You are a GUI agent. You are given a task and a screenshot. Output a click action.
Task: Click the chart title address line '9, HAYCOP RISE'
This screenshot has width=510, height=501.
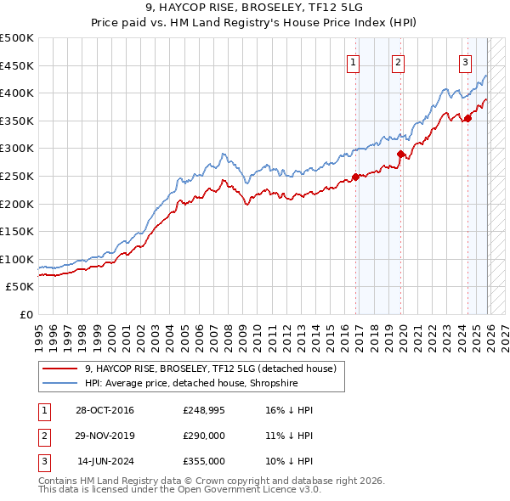click(x=254, y=8)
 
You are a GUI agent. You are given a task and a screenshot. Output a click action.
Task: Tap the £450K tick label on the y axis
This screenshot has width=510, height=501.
click(x=17, y=65)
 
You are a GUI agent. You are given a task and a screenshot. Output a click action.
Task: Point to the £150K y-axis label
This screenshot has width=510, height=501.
click(x=17, y=231)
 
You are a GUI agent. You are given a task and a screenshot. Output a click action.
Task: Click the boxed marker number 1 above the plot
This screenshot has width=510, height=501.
click(x=352, y=61)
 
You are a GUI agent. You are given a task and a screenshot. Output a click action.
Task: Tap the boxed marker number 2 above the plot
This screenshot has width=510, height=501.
click(x=398, y=61)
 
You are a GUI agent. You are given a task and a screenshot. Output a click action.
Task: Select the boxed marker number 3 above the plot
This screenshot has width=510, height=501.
click(x=465, y=61)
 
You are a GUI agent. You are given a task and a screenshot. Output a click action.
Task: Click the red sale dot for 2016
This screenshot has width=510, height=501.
click(x=356, y=177)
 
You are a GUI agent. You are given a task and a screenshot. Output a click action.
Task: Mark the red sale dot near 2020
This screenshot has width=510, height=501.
click(x=400, y=154)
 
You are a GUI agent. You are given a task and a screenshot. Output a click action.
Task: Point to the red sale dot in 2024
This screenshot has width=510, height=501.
click(x=467, y=118)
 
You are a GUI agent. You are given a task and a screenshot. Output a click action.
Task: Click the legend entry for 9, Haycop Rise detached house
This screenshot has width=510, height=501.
click(x=211, y=368)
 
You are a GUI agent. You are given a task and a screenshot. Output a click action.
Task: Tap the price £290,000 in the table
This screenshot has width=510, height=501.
click(x=203, y=436)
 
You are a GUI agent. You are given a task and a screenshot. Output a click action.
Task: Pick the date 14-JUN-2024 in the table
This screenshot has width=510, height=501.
click(x=103, y=461)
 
